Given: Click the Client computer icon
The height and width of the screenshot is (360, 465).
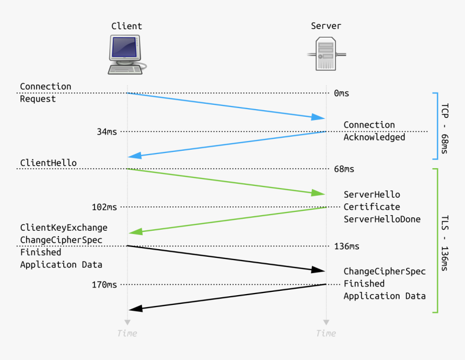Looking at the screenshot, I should click(127, 54).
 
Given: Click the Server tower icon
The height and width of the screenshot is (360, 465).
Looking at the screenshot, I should click(326, 54).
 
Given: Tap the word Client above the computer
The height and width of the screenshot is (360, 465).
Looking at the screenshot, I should click(127, 26).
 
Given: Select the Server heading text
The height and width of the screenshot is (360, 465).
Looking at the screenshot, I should click(326, 26).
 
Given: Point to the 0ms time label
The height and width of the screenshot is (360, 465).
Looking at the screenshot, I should click(341, 93).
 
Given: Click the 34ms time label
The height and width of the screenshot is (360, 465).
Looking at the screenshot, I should click(107, 131).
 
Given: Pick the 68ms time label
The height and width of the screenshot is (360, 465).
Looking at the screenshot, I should click(344, 169).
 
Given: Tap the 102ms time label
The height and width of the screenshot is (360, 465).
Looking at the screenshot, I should click(104, 207).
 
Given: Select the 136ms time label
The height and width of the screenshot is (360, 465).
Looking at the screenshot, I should click(346, 246).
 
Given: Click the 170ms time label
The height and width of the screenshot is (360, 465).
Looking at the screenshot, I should click(104, 284).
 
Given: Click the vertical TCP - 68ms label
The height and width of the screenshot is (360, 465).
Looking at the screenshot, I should click(444, 129).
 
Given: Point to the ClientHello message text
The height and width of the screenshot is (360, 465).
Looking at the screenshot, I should click(48, 163).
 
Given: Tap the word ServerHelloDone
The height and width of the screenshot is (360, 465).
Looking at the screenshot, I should click(382, 219).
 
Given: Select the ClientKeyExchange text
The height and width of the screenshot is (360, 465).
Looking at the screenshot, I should click(64, 228).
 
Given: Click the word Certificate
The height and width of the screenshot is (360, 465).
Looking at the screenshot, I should click(371, 207).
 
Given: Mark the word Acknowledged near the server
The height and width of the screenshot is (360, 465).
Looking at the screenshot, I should click(374, 137).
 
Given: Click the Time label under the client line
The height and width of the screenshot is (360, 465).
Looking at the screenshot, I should click(127, 333).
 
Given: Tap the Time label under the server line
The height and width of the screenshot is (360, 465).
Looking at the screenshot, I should click(326, 333).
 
